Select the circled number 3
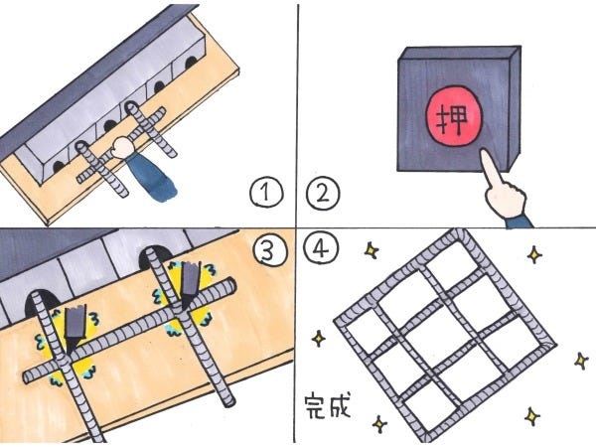266,252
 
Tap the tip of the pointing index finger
481,156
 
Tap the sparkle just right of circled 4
373,250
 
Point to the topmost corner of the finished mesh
463,234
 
